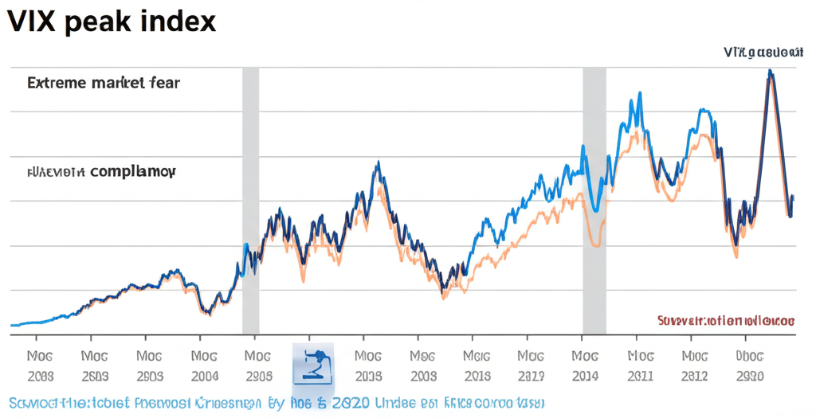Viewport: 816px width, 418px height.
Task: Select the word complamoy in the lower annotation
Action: pos(133,171)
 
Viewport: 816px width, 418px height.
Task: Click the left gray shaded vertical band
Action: pos(250,199)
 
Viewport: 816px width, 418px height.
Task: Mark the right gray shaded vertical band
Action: pos(594,199)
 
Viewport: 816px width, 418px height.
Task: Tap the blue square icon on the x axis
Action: pos(313,365)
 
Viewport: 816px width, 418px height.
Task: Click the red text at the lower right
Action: pos(725,321)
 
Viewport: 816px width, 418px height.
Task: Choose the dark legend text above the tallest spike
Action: pos(763,53)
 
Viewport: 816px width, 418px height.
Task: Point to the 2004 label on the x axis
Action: pos(204,376)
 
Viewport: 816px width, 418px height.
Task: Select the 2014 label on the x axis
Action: pos(585,376)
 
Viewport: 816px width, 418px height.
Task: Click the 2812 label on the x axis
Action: pos(695,376)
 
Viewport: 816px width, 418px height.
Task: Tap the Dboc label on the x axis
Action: pos(750,357)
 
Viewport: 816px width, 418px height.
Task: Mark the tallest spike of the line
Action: pos(770,72)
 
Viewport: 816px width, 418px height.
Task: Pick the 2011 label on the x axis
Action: pos(640,376)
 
